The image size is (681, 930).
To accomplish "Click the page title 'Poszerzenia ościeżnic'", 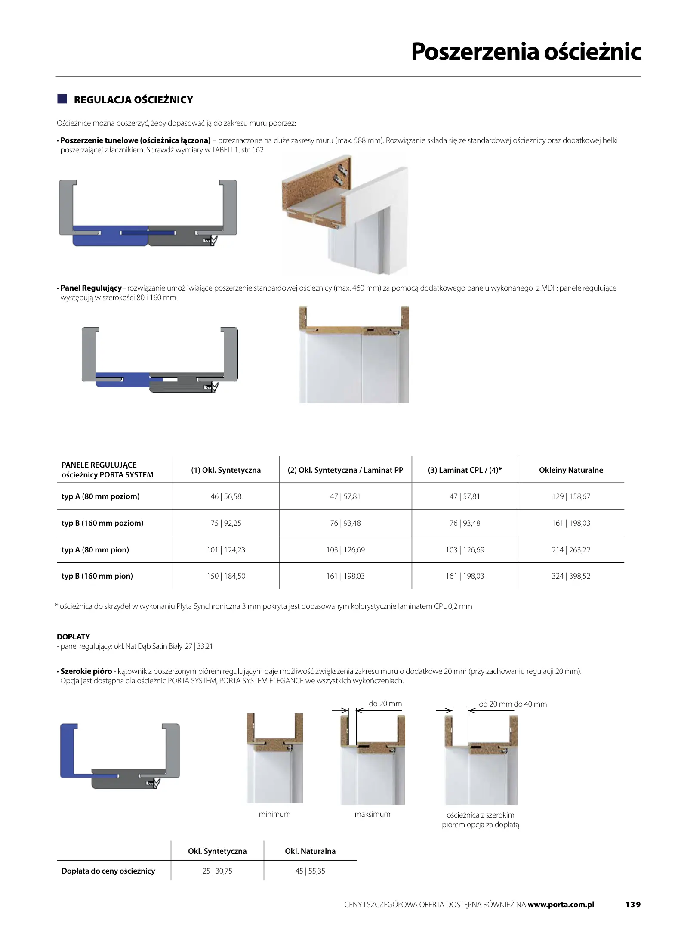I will pyautogui.click(x=526, y=52).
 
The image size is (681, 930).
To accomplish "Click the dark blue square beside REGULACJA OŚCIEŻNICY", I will pyautogui.click(x=62, y=99).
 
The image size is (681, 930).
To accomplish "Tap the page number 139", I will pyautogui.click(x=633, y=904).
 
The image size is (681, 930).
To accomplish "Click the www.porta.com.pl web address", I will pyautogui.click(x=561, y=904).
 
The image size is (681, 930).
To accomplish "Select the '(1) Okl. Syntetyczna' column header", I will pyautogui.click(x=226, y=470).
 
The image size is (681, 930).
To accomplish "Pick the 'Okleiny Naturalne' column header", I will pyautogui.click(x=571, y=470).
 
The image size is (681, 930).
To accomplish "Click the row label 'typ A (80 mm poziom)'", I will pyautogui.click(x=101, y=496).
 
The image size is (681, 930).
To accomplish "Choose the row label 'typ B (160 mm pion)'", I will pyautogui.click(x=97, y=576).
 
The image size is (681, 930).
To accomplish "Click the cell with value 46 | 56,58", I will pyautogui.click(x=226, y=496).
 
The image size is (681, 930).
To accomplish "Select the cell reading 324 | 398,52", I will pyautogui.click(x=571, y=576).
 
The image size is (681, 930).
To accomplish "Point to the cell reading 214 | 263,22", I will pyautogui.click(x=571, y=550).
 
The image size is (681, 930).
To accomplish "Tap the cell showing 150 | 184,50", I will pyautogui.click(x=226, y=576).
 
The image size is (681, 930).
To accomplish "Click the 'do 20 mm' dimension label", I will pyautogui.click(x=385, y=704).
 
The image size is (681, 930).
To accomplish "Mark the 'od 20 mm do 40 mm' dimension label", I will pyautogui.click(x=513, y=704).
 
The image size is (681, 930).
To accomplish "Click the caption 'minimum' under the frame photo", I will pyautogui.click(x=274, y=814).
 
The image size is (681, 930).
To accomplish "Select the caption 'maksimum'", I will pyautogui.click(x=373, y=814).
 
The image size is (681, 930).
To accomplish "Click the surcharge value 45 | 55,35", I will pyautogui.click(x=310, y=871).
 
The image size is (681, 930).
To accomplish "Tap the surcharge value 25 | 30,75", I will pyautogui.click(x=217, y=871).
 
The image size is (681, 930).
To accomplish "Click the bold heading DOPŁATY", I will pyautogui.click(x=74, y=636).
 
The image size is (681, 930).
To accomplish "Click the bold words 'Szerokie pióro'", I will pyautogui.click(x=86, y=671).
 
